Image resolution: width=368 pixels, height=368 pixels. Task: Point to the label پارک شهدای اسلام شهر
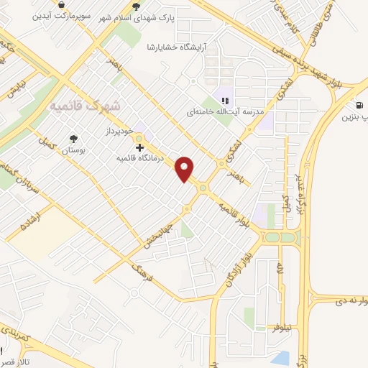click(174, 16)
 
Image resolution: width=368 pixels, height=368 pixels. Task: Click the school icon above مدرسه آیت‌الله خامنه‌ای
click(225, 101)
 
